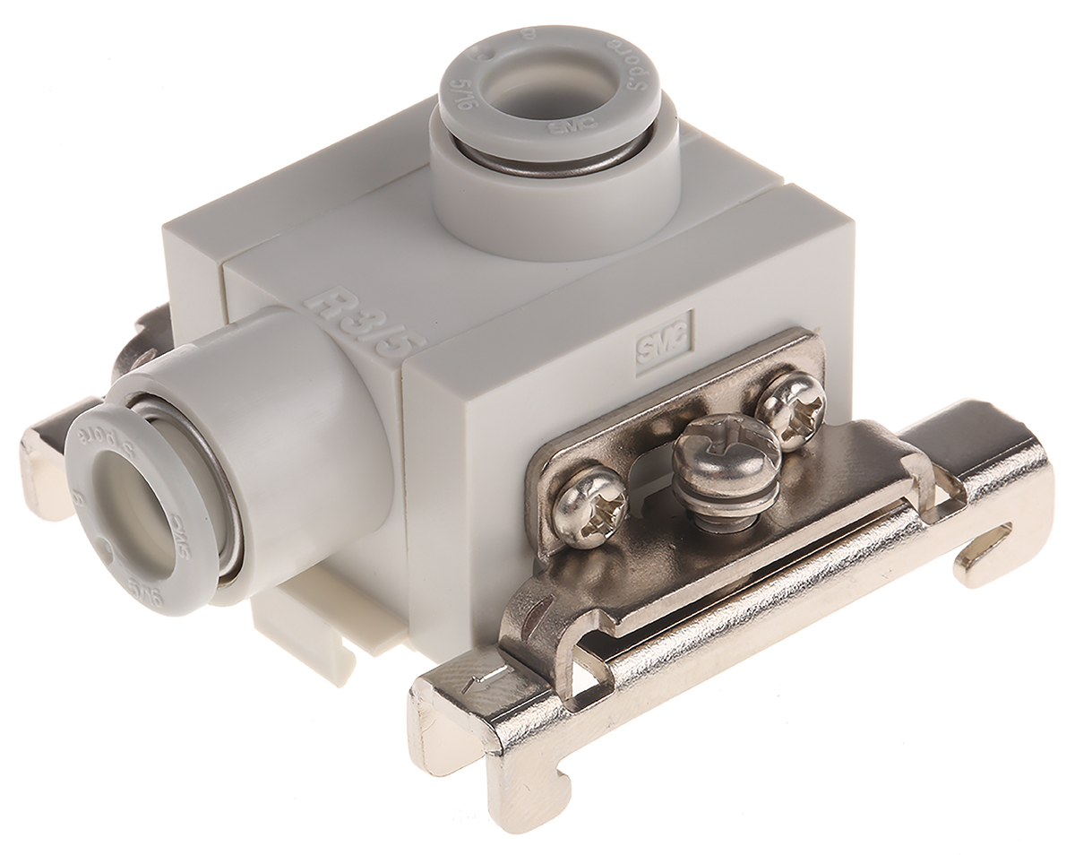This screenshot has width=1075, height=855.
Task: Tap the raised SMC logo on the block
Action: click(664, 339)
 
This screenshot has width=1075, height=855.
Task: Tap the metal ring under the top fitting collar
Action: click(547, 161)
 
